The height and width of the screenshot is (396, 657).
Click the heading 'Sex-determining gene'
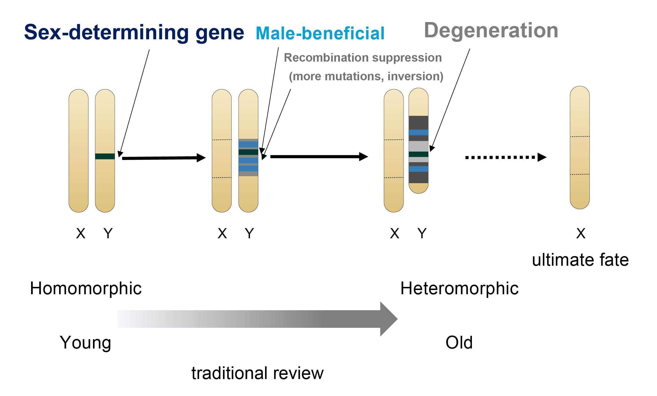pos(134,33)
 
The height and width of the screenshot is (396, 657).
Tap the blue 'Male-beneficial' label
pos(320,33)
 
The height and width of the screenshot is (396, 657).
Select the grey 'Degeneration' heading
pos(491,30)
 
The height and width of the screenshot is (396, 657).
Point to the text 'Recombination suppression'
pos(363,58)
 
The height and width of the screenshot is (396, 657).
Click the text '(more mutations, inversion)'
pos(366,76)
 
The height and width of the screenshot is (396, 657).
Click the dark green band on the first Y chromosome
pos(105,156)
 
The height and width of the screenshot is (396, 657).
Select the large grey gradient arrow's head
pos(388,319)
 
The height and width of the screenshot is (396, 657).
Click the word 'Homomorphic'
pos(86,288)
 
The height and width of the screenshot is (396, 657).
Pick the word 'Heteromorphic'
pos(459,288)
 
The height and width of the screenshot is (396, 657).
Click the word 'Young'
pos(85,342)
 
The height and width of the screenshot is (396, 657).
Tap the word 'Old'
pos(459,342)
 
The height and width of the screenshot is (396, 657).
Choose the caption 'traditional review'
pos(257,373)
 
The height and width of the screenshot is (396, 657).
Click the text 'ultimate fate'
pos(580,260)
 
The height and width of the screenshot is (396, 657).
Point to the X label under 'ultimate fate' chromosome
pos(581,233)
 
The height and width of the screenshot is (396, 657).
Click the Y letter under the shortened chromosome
pos(422,233)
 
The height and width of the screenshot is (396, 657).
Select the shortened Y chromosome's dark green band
pos(419,154)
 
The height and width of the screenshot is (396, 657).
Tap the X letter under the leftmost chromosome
pos(81,233)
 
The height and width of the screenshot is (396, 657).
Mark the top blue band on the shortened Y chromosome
pos(419,132)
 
